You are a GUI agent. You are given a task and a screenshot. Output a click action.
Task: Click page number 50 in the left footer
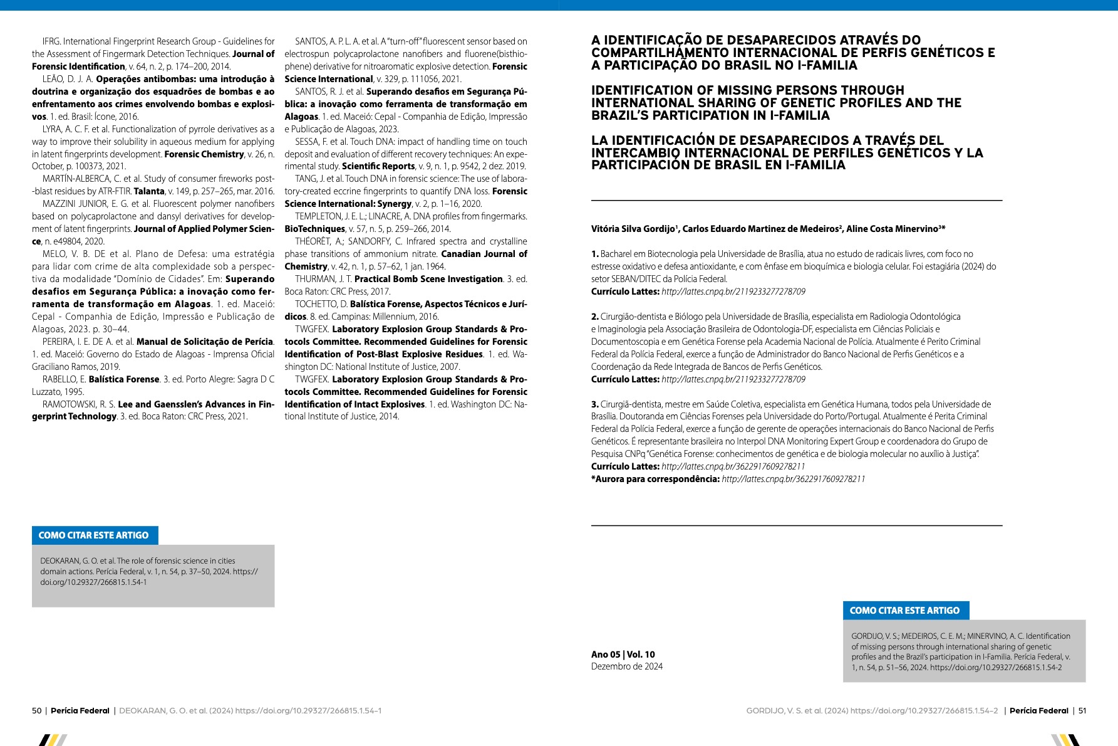tap(36, 711)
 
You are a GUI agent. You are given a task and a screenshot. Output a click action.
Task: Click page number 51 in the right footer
tap(1082, 711)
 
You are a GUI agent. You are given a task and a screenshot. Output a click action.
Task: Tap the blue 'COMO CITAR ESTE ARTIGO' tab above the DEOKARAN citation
tap(95, 535)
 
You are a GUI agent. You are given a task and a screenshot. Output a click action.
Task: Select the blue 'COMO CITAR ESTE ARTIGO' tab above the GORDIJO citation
tap(905, 611)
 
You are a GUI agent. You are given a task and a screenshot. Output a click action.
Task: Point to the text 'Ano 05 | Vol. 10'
tap(623, 654)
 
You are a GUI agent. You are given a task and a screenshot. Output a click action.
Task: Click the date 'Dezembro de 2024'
tap(626, 666)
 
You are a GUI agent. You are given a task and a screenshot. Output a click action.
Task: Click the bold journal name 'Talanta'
tap(149, 191)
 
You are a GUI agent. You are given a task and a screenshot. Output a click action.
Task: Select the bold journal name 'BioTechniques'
tap(314, 229)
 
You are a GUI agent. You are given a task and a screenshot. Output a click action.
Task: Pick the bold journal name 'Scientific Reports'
tap(378, 166)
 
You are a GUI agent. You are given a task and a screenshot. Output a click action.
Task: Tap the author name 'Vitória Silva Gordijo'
tap(633, 229)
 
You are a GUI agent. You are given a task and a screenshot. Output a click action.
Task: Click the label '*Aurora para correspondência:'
tap(655, 479)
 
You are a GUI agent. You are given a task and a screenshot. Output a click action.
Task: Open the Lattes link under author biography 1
tap(733, 292)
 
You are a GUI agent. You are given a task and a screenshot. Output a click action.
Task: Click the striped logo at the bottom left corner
tap(53, 740)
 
